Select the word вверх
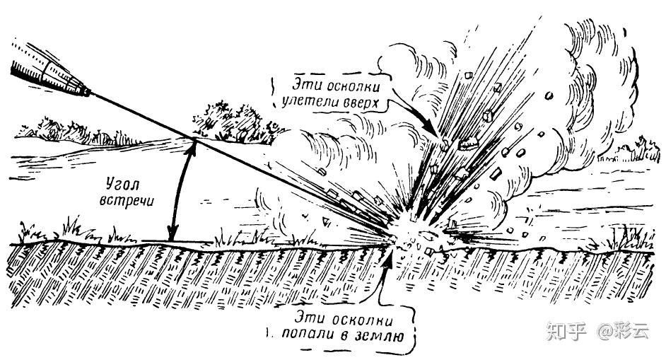(362, 102)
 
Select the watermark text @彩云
(622, 330)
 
